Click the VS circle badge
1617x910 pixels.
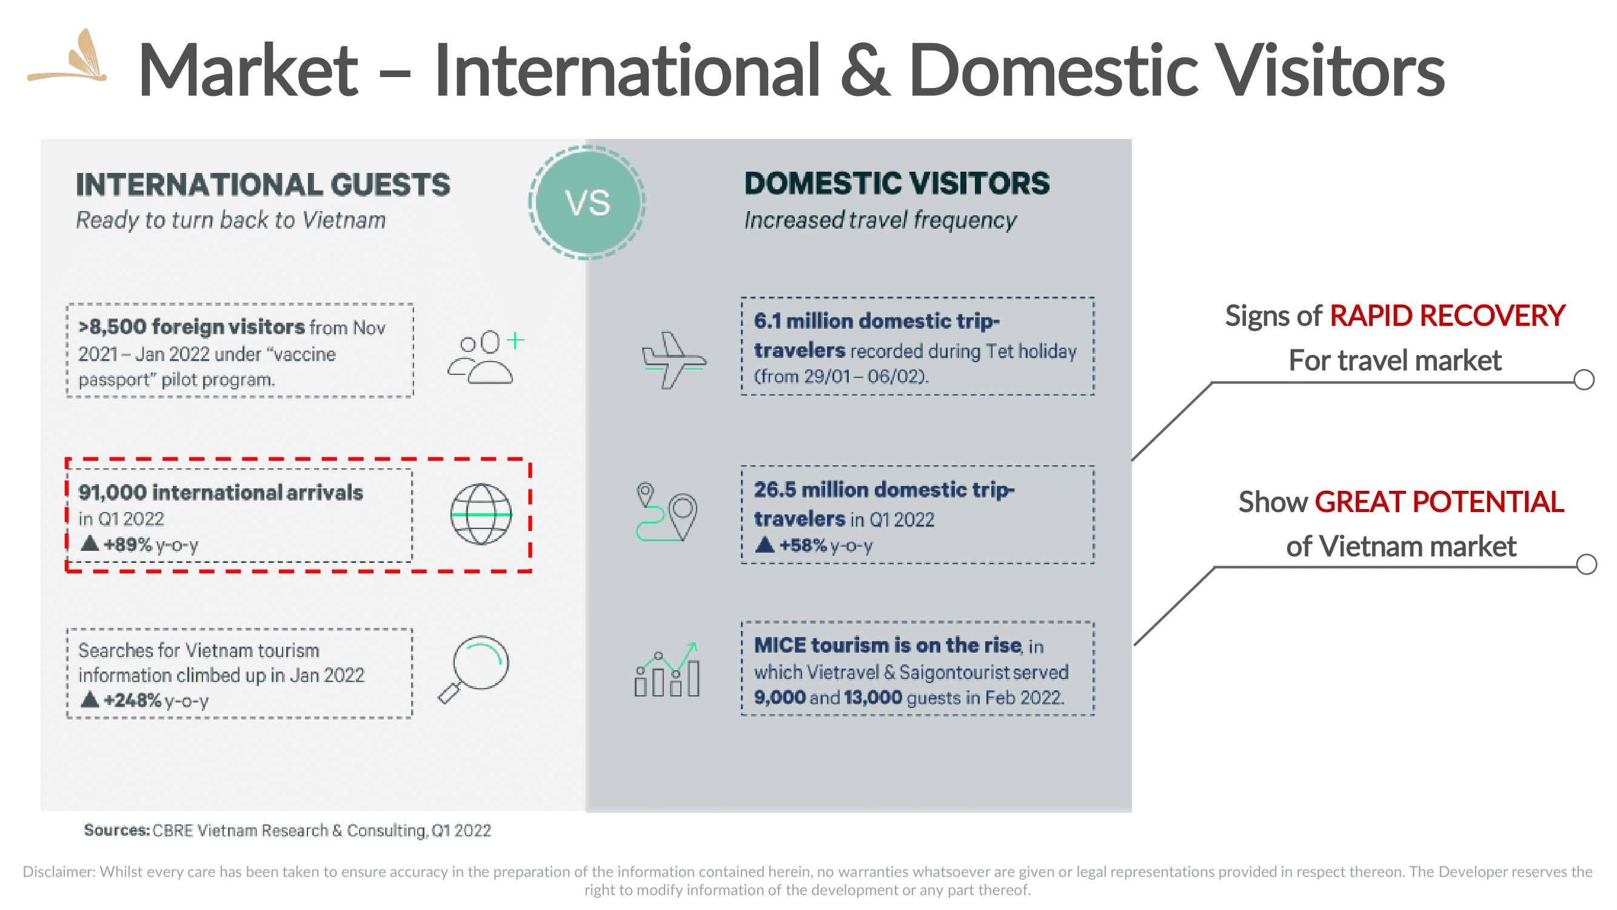[588, 202]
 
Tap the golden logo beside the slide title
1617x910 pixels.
[68, 56]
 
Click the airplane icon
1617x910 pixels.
[674, 360]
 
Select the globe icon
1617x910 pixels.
[481, 514]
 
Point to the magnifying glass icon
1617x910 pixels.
[475, 670]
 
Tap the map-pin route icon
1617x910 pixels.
[666, 512]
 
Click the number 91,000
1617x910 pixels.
[112, 493]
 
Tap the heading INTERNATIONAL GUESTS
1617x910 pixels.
[263, 184]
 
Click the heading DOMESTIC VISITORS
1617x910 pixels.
[897, 183]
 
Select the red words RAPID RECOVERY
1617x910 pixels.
[1447, 315]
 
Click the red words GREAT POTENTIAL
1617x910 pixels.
[1439, 502]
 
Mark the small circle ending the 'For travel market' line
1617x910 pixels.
[1584, 380]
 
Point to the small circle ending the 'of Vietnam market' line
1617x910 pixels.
[1586, 565]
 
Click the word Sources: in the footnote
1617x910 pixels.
[117, 831]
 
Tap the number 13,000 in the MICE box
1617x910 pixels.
[872, 698]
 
